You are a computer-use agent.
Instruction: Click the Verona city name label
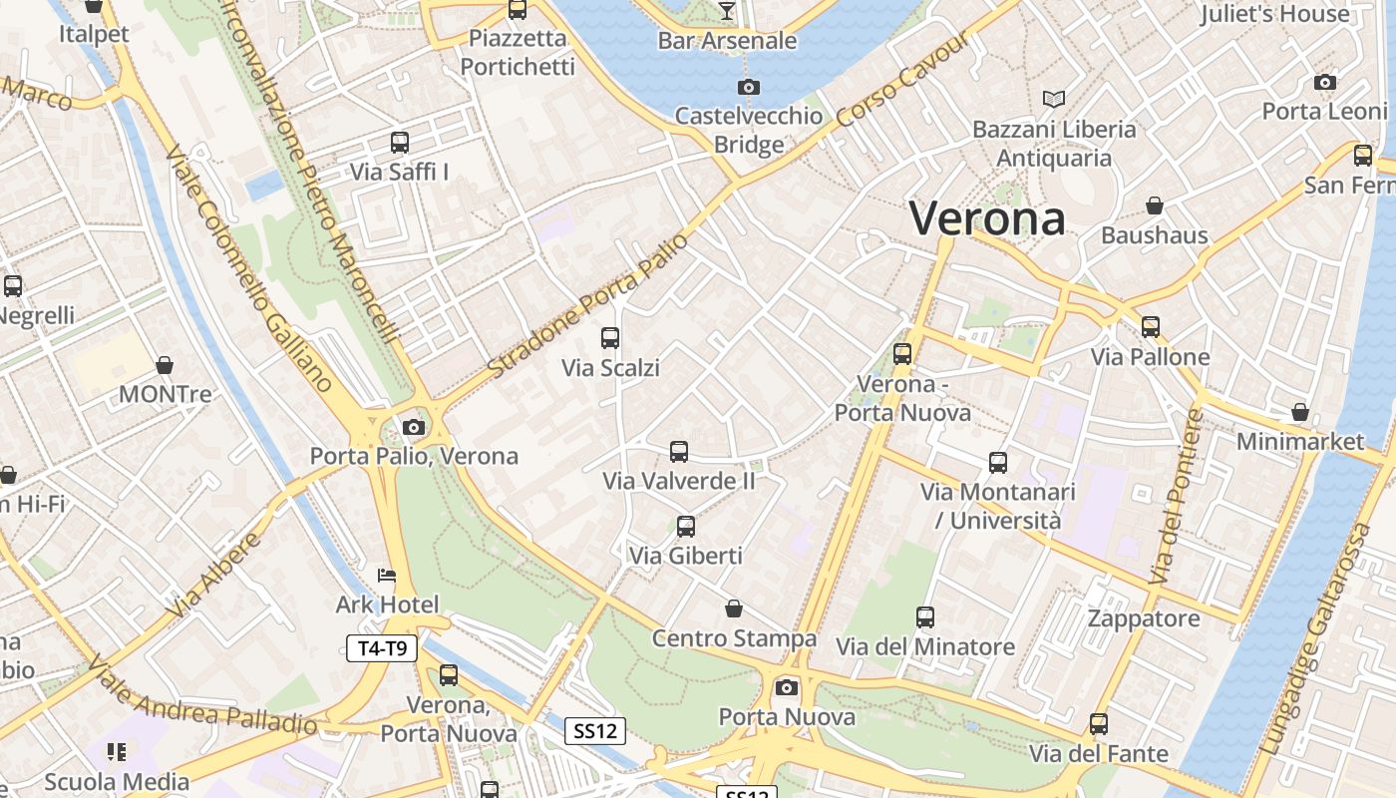click(987, 218)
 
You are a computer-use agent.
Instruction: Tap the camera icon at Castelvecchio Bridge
click(748, 88)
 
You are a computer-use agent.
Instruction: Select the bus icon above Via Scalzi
click(610, 338)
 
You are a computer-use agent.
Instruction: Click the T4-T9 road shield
click(382, 648)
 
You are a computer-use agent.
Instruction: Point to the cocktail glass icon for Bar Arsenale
click(726, 11)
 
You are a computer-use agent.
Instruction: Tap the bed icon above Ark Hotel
click(387, 576)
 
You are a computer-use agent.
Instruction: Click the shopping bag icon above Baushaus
click(1154, 206)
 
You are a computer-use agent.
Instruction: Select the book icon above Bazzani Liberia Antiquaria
click(1054, 99)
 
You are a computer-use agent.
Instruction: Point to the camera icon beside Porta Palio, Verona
click(414, 428)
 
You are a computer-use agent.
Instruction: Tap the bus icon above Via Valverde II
click(679, 452)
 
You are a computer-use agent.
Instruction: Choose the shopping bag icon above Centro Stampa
click(734, 608)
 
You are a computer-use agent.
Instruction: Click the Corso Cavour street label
click(902, 81)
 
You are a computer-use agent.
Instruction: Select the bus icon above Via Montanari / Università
click(998, 462)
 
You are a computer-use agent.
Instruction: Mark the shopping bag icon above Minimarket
click(1299, 412)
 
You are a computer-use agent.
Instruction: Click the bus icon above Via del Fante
click(1099, 724)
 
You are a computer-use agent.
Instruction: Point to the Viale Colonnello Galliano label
click(248, 269)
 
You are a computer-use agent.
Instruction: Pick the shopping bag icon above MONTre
click(165, 366)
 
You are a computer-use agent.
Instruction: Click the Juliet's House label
click(1274, 14)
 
